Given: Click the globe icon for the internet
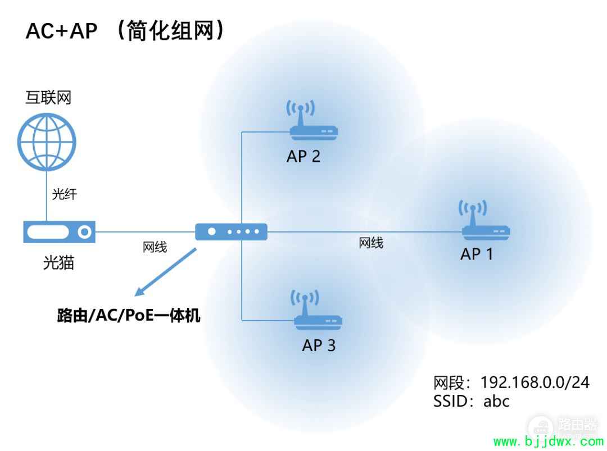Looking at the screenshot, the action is (x=47, y=142).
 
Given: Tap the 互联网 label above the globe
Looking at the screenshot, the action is (x=48, y=97).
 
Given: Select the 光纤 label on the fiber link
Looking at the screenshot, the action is (x=64, y=194).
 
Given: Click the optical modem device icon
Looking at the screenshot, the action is (x=59, y=232).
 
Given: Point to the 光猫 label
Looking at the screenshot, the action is (x=58, y=263).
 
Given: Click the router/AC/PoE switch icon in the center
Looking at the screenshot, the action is (x=231, y=232).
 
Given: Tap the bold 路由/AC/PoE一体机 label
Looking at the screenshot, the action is (x=129, y=315).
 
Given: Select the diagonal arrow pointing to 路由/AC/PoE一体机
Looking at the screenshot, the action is (x=165, y=272).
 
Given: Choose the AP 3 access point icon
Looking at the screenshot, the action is (x=318, y=309).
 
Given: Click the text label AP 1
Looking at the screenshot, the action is (x=477, y=254).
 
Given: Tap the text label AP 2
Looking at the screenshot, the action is (x=303, y=156).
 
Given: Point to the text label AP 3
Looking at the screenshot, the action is (x=319, y=345).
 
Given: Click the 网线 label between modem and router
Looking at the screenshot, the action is (x=155, y=247).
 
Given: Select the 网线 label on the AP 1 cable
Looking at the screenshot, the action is (x=371, y=243).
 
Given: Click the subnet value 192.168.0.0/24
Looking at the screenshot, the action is (x=535, y=382).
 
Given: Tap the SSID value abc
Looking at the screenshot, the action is (x=496, y=401).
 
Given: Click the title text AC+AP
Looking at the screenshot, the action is (x=62, y=31).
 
